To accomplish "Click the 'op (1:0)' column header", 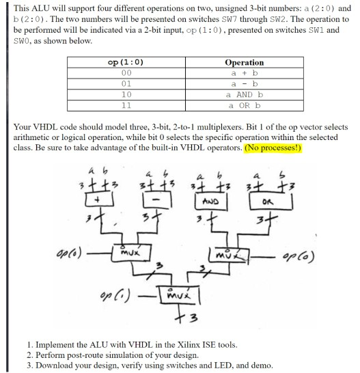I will point(126,62).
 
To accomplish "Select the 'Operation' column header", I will point(245,62).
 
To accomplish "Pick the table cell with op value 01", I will point(126,83).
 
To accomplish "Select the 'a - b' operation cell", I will point(245,83).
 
